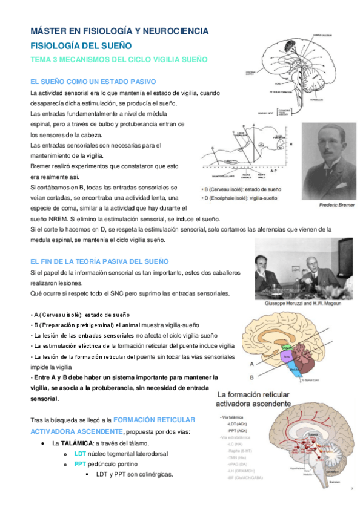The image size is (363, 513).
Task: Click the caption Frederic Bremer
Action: (336, 206)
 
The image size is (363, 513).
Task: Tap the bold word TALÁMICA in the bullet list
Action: (73, 443)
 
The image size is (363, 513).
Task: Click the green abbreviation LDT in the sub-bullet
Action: (80, 454)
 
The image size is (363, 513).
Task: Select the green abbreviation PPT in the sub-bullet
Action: (80, 463)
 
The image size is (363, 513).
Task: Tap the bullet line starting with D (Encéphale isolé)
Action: (239, 198)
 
